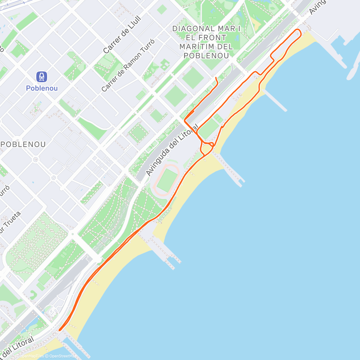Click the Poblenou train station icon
click(x=42, y=77)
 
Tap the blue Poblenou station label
click(x=42, y=88)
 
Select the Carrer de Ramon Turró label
click(x=128, y=65)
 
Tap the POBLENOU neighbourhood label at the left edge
click(x=23, y=144)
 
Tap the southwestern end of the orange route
click(x=60, y=330)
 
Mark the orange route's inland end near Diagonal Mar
click(x=216, y=78)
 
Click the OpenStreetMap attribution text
click(x=63, y=356)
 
